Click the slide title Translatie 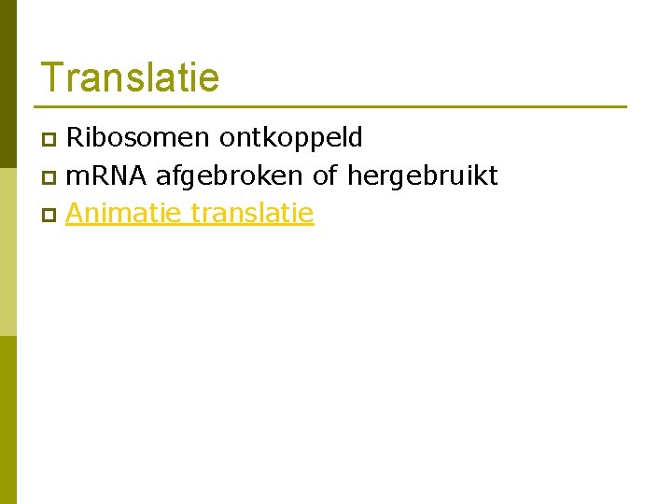[x=130, y=77]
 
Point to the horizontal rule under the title [x=331, y=106]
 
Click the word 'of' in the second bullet [x=326, y=175]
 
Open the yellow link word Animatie [x=123, y=214]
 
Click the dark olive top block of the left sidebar [x=8, y=93]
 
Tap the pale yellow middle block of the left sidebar [x=8, y=261]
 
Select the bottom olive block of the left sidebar [x=8, y=420]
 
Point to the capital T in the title [x=50, y=77]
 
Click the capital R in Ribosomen [x=75, y=138]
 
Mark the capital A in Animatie [x=75, y=214]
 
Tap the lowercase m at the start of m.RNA [x=75, y=177]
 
